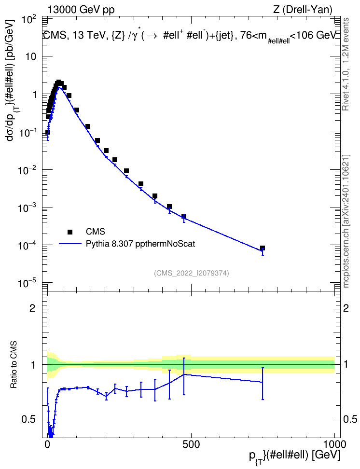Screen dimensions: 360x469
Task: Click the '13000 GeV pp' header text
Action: click(81, 10)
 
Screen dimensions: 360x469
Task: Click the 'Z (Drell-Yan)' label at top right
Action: click(303, 10)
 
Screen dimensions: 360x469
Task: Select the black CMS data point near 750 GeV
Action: click(263, 248)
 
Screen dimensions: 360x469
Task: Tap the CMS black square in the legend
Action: click(70, 232)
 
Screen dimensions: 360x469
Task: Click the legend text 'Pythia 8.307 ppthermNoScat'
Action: click(140, 244)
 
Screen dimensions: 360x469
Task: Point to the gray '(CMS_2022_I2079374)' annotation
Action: click(192, 273)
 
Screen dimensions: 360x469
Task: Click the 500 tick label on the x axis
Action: click(191, 444)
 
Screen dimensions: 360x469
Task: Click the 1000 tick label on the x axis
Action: click(334, 444)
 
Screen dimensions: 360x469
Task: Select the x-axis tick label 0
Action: click(47, 444)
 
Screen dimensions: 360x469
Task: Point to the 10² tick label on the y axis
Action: click(29, 21)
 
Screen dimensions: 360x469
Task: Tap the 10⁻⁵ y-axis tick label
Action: click(27, 283)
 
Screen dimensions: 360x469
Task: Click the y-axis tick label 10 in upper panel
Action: click(31, 56)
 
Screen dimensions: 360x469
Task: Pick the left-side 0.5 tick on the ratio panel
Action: click(28, 420)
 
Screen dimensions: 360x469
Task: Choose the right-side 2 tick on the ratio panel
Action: click(346, 308)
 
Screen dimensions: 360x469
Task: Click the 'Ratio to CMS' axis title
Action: click(14, 364)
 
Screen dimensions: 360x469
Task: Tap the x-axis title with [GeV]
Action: click(294, 456)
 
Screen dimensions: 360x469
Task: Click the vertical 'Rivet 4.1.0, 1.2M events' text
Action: click(346, 64)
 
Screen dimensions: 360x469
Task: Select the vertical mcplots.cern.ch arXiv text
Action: click(346, 221)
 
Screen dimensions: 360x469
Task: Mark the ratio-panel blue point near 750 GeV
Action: click(263, 382)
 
